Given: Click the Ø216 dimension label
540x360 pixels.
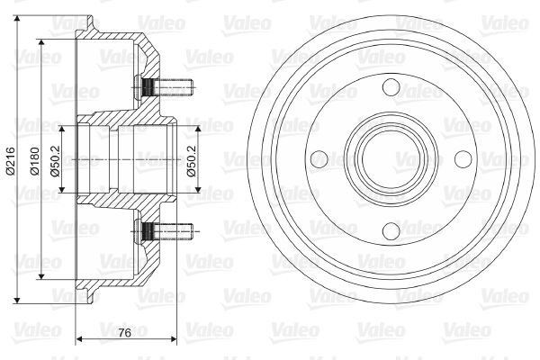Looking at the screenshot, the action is click(x=11, y=160).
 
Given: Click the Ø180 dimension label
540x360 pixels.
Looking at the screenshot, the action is click(x=35, y=161).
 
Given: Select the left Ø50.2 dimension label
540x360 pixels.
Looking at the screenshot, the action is click(x=56, y=160).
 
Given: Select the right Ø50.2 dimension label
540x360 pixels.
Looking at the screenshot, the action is click(x=192, y=160).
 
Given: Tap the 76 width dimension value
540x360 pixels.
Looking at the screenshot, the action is click(x=124, y=333).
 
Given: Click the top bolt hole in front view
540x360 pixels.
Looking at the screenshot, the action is click(x=391, y=87).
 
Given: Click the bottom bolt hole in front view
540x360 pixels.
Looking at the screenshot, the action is click(x=391, y=230).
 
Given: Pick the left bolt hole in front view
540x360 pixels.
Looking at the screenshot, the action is click(x=319, y=159).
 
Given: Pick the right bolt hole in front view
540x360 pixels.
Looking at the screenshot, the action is click(x=463, y=158).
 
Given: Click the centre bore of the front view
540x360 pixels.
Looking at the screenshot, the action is click(x=391, y=158).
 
